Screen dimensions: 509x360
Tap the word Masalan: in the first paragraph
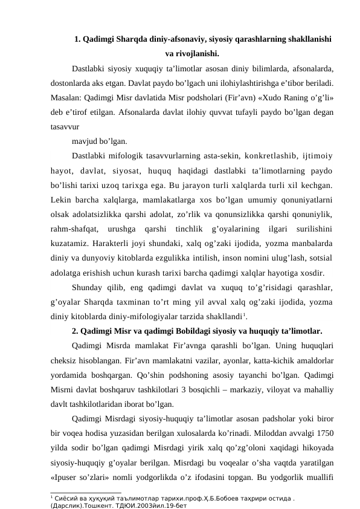click(x=68, y=96)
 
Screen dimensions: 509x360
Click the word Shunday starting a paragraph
click(x=88, y=287)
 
